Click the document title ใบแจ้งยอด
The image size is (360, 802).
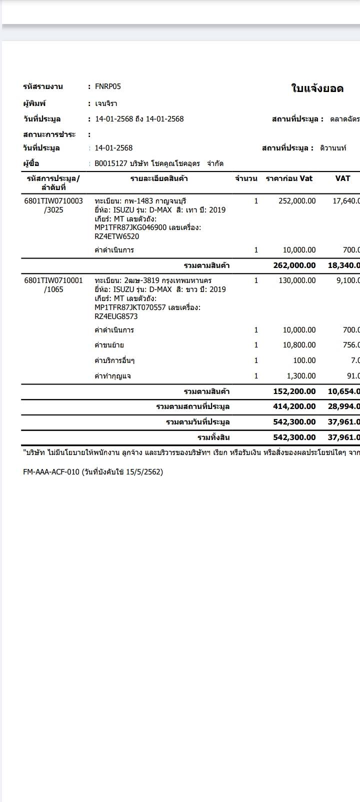point(317,88)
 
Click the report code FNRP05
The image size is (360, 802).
point(108,86)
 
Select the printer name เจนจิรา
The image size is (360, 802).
point(106,103)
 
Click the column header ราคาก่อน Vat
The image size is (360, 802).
point(289,178)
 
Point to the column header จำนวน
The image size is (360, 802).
point(246,178)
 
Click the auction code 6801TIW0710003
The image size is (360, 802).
point(53,201)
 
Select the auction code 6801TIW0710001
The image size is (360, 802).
point(53,280)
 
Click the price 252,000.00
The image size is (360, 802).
point(297,201)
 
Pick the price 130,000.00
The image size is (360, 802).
point(297,280)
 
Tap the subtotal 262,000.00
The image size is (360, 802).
point(294,265)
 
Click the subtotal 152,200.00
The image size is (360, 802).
point(294,391)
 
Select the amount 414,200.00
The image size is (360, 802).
point(294,406)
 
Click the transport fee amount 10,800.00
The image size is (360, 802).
point(299,345)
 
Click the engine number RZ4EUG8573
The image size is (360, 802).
point(116,316)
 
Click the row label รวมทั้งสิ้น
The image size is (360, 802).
point(213,437)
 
